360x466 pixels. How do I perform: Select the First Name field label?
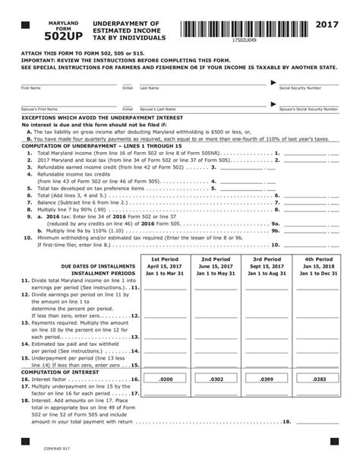pyautogui.click(x=31, y=88)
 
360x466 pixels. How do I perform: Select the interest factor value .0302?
pyautogui.click(x=216, y=378)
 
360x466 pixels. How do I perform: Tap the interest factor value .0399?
pyautogui.click(x=267, y=378)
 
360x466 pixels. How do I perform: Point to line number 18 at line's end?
pyautogui.click(x=286, y=421)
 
